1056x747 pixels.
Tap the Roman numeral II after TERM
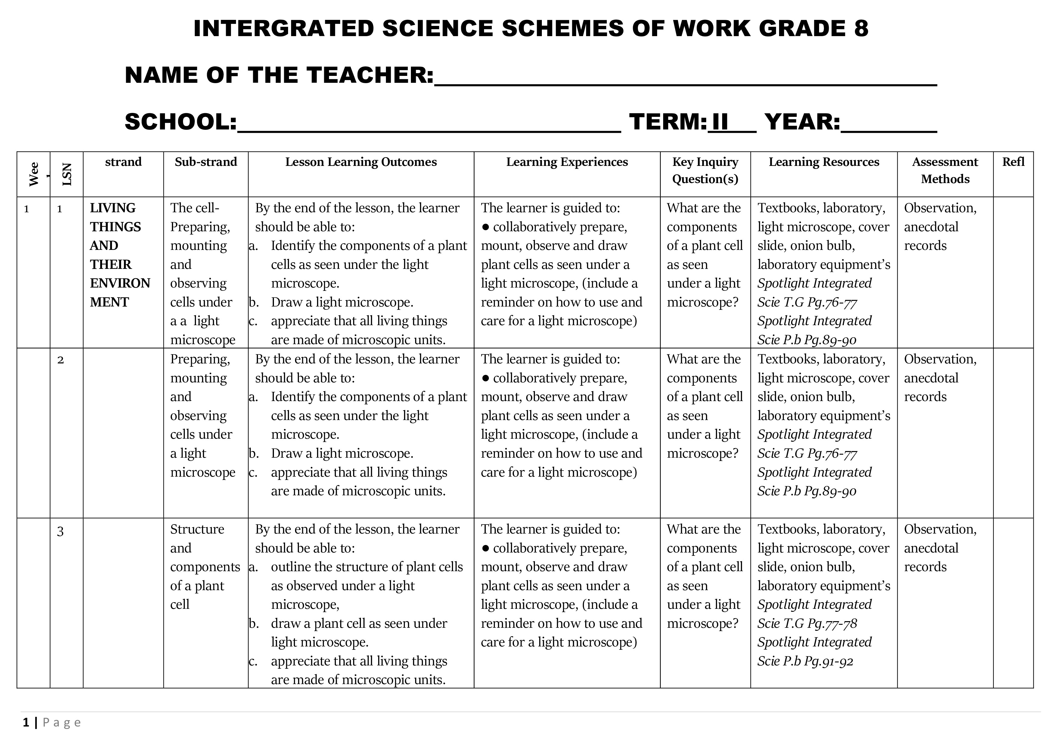click(x=720, y=122)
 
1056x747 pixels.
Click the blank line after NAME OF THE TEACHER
click(x=685, y=83)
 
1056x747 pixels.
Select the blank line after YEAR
click(x=889, y=130)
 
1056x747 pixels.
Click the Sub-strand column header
click(x=206, y=162)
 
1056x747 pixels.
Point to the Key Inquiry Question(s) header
click(x=705, y=170)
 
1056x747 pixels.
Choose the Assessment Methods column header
click(x=945, y=170)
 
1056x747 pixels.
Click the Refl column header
click(x=1013, y=162)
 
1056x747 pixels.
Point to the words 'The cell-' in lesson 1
click(x=194, y=208)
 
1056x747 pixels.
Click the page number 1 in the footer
click(x=26, y=723)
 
